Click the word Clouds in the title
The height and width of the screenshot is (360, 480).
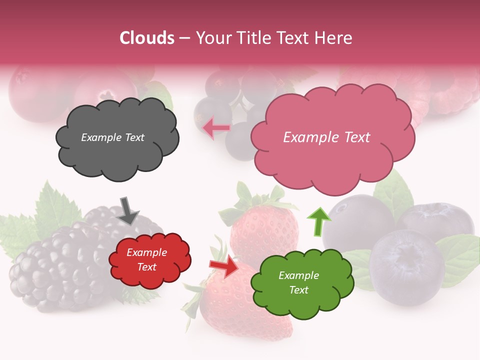(147, 38)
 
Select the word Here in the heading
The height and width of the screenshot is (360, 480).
(333, 38)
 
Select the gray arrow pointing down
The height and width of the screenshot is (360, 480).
(128, 210)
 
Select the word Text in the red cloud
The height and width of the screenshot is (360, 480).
(147, 267)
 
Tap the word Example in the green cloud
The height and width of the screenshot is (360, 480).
(298, 275)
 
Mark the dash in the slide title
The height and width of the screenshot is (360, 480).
(184, 38)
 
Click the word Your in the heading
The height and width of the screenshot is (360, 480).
(212, 38)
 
